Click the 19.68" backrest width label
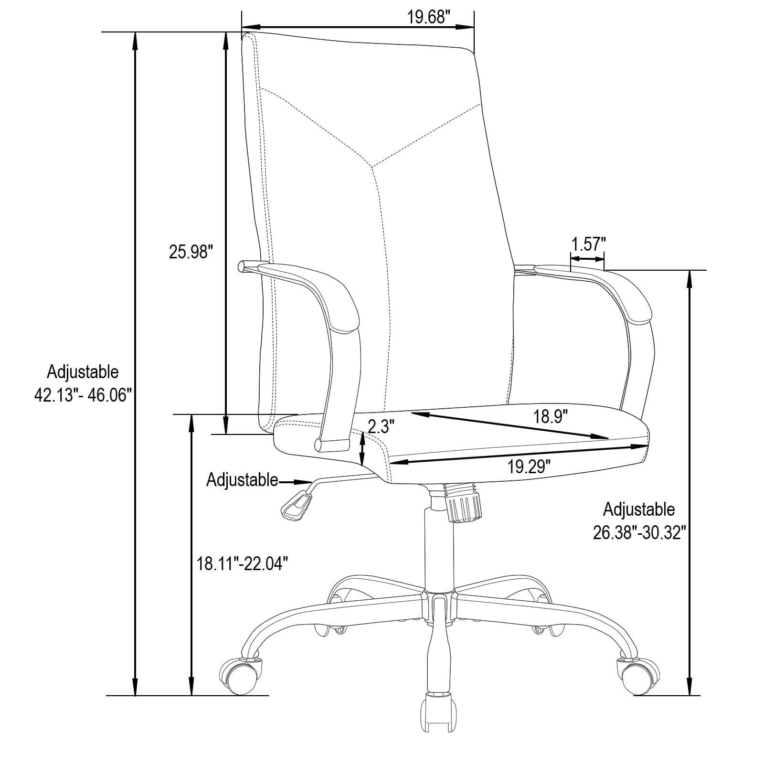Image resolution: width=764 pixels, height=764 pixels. (x=429, y=17)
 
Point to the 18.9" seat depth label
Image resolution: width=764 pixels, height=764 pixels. (x=550, y=417)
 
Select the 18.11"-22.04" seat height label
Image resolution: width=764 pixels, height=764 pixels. (x=243, y=564)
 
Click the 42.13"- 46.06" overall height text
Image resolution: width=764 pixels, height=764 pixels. (x=83, y=395)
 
